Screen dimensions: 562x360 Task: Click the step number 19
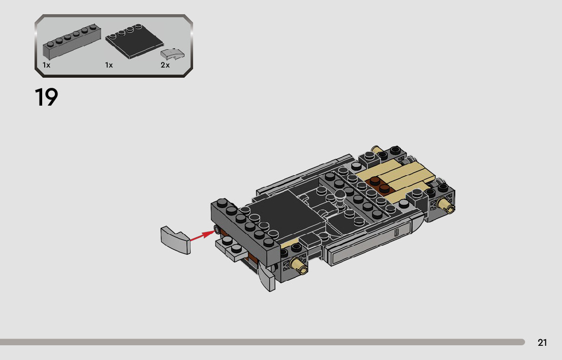(x=46, y=97)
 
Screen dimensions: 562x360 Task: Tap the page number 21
(x=542, y=342)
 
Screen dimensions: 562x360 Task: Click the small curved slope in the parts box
(x=172, y=54)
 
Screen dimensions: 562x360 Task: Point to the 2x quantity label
(x=165, y=65)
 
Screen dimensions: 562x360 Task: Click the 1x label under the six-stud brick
(x=46, y=65)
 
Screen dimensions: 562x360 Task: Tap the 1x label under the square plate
(x=109, y=65)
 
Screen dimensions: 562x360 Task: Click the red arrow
(x=203, y=235)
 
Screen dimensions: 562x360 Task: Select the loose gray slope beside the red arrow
(x=176, y=240)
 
